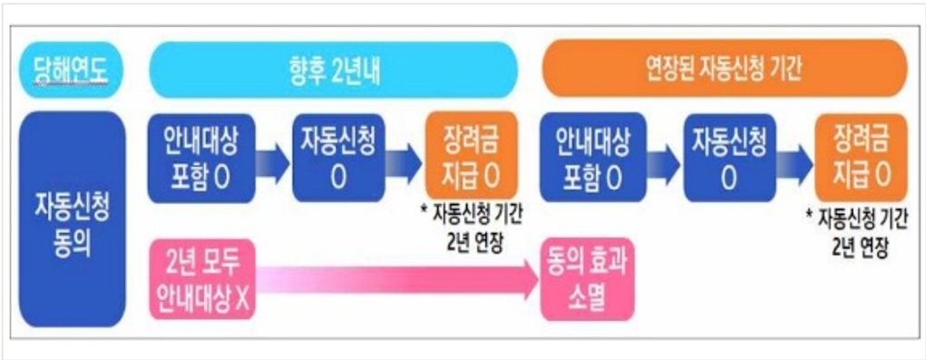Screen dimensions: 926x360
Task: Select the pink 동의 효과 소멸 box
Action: pyautogui.click(x=588, y=279)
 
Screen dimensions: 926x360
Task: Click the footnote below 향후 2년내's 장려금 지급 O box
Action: pyautogui.click(x=473, y=226)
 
